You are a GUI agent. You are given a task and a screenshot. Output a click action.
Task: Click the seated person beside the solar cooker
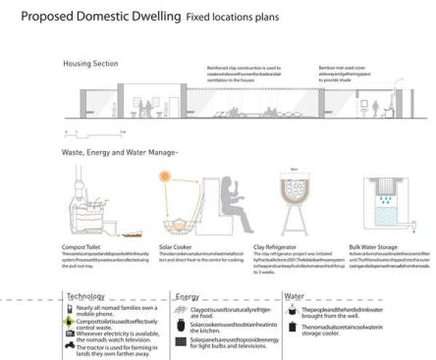228,202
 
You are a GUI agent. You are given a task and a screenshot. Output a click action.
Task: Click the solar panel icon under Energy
181,339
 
